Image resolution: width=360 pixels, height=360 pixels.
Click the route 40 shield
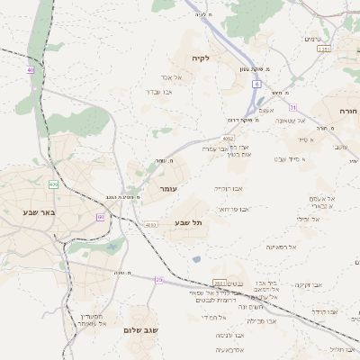click(x=30, y=69)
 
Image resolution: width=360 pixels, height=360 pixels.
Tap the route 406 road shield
click(x=53, y=184)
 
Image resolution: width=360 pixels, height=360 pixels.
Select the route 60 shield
click(x=101, y=217)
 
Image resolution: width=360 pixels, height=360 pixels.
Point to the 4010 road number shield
click(x=150, y=225)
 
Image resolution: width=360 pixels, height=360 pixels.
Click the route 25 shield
click(x=158, y=280)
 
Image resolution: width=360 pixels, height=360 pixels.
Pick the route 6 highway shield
click(x=256, y=84)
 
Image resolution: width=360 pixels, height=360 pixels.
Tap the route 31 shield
click(x=292, y=107)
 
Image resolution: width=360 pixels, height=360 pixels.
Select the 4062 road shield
click(x=229, y=139)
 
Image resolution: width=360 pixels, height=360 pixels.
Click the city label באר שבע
click(x=40, y=212)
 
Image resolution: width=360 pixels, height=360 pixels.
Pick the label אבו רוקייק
click(x=229, y=189)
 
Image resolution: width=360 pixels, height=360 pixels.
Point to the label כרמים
click(x=312, y=39)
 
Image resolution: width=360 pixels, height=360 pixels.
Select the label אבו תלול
click(x=343, y=348)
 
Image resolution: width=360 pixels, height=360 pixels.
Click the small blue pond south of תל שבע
click(x=196, y=259)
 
